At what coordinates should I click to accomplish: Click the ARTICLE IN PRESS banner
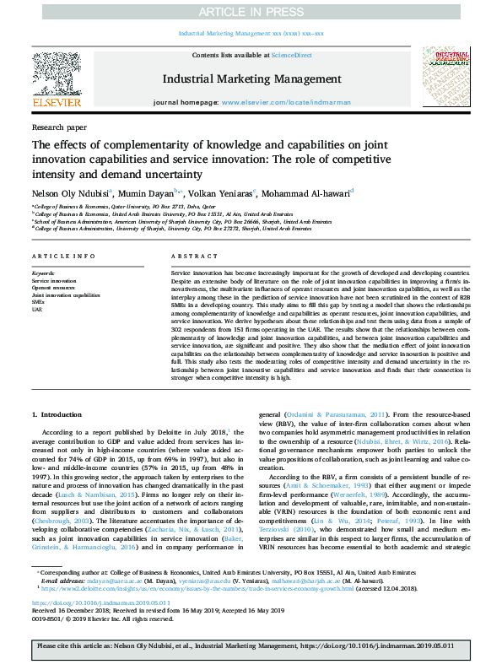(x=251, y=12)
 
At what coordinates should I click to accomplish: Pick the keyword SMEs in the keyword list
(x=39, y=303)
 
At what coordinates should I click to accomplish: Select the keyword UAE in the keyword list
(x=38, y=310)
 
